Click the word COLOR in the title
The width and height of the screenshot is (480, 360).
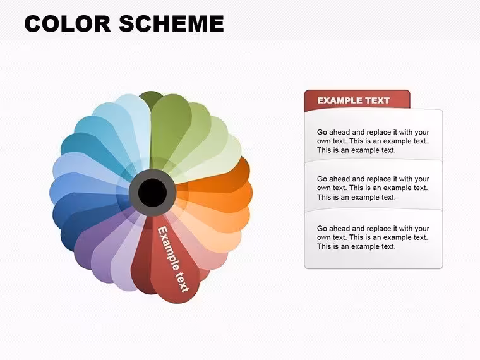(x=68, y=23)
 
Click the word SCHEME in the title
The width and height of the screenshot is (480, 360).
(x=171, y=23)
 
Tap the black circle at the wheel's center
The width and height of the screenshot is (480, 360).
(x=152, y=192)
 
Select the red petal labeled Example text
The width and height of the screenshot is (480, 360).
(x=174, y=260)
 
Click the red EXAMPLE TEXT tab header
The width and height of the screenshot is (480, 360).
(x=357, y=100)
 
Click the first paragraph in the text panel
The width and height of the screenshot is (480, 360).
(x=373, y=141)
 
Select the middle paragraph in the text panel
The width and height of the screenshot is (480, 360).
(x=373, y=188)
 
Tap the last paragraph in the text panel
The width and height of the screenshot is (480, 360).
(x=373, y=237)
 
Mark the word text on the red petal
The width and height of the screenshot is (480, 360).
(x=182, y=279)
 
